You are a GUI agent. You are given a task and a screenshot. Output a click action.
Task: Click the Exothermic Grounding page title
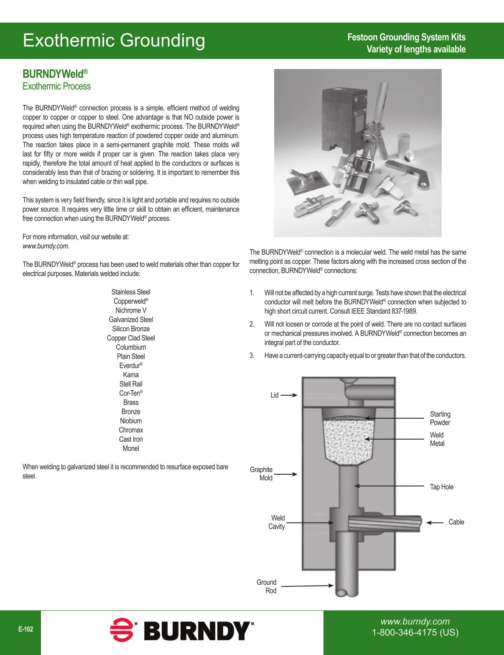coord(114,41)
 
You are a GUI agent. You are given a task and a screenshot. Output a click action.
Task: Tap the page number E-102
coord(25,629)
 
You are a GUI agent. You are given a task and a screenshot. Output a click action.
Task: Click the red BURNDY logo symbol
coord(122,629)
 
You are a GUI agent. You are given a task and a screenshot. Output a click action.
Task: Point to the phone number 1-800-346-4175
coord(415,632)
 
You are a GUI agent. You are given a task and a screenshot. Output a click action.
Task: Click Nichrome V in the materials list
coord(131,310)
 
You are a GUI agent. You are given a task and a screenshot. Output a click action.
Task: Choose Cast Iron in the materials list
coord(131,439)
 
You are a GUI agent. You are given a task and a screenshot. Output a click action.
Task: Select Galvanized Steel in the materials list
coord(131,320)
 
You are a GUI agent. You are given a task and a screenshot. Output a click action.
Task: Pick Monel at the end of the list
coord(131,448)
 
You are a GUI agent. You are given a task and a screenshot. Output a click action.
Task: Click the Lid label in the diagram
coord(274,395)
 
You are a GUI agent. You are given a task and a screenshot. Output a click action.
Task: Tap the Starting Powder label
coord(440,418)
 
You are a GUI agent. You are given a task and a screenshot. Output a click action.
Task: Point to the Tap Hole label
coord(441,487)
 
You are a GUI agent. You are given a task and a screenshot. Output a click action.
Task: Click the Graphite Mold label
coord(261,474)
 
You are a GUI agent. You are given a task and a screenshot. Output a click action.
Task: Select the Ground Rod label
coord(267,586)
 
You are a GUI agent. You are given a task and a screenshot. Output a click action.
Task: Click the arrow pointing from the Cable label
coord(435,522)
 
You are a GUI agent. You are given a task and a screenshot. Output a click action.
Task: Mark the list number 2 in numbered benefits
coord(252,324)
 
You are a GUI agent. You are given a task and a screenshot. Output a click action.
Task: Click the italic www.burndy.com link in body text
coord(46,246)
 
